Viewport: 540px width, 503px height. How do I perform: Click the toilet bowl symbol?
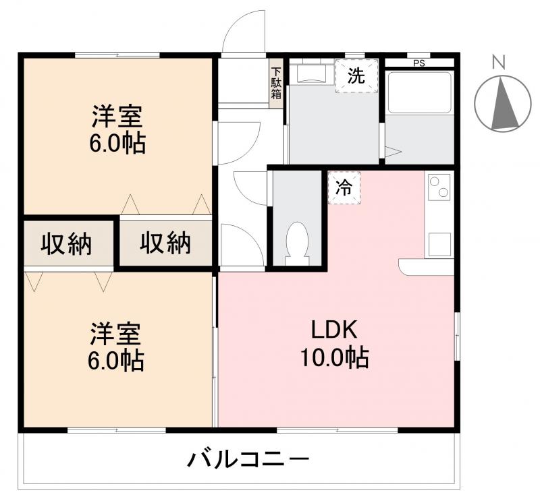coord(297,240)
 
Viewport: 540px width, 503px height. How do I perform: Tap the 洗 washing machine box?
coord(356,76)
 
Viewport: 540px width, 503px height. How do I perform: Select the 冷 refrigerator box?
coord(344,187)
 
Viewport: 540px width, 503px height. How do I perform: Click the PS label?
coord(418,63)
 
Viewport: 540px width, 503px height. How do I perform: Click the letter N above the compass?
coord(499,63)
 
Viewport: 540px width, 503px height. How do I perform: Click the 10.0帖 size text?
coord(335,357)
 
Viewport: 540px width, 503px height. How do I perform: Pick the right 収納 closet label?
coord(165,243)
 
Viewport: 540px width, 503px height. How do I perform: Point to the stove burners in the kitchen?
coord(439,186)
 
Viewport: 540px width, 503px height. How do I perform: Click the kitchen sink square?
coord(439,244)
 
